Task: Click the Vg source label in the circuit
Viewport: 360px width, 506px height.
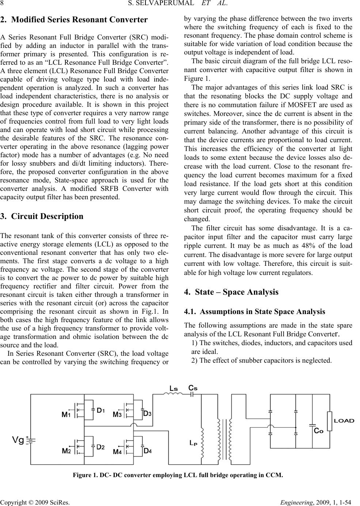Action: click(x=19, y=439)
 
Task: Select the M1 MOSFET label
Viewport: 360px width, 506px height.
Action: click(x=66, y=415)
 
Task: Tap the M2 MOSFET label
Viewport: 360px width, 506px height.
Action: click(x=66, y=451)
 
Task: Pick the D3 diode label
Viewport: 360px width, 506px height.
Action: click(x=147, y=414)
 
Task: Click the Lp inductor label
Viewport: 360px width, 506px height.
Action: click(x=193, y=443)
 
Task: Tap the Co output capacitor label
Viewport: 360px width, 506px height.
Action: click(x=318, y=431)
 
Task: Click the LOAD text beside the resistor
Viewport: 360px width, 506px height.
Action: click(x=344, y=420)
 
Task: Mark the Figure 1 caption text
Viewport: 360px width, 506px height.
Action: click(x=178, y=475)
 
